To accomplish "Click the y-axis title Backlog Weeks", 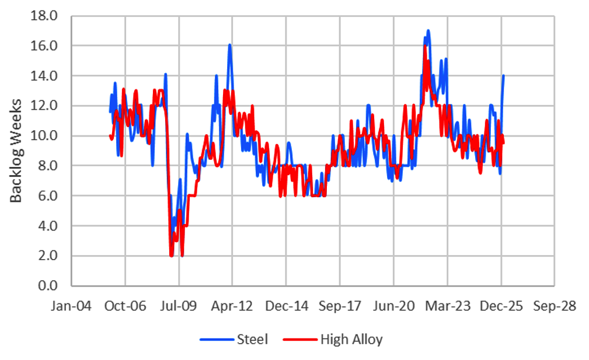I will pyautogui.click(x=16, y=151).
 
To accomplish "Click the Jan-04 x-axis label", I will pyautogui.click(x=71, y=306).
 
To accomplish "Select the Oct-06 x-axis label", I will pyautogui.click(x=125, y=306).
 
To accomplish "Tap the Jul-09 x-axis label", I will pyautogui.click(x=179, y=306).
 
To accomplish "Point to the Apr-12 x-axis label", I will pyautogui.click(x=232, y=306).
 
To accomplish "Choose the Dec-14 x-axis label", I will pyautogui.click(x=285, y=306).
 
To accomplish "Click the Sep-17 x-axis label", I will pyautogui.click(x=339, y=306).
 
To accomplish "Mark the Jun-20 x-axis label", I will pyautogui.click(x=393, y=306).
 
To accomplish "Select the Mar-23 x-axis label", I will pyautogui.click(x=447, y=306).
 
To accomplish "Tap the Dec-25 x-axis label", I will pyautogui.click(x=500, y=306).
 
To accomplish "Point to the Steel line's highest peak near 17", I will pyautogui.click(x=428, y=30).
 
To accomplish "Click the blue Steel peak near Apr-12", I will pyautogui.click(x=230, y=44).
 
